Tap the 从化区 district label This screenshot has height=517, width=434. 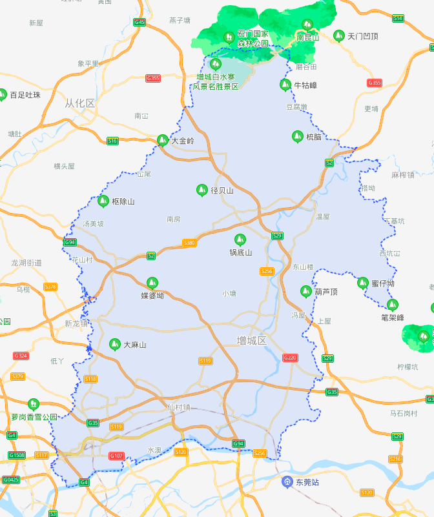(x=80, y=103)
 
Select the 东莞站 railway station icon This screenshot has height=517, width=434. (x=287, y=482)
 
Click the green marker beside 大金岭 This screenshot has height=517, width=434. (x=162, y=139)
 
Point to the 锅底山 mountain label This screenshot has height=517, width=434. (x=240, y=252)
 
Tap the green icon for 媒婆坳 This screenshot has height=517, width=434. (x=152, y=282)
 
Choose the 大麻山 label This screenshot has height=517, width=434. (x=134, y=345)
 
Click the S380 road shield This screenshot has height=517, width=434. (x=189, y=243)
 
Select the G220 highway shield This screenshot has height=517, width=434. (x=290, y=358)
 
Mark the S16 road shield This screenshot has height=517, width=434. (x=113, y=141)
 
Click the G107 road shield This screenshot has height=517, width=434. (x=116, y=456)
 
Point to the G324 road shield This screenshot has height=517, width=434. (x=21, y=356)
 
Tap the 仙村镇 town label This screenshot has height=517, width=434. (x=178, y=407)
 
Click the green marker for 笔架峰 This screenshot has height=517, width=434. (x=392, y=305)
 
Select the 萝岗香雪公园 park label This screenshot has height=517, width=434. (x=34, y=417)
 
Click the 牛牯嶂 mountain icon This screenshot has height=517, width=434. (x=285, y=85)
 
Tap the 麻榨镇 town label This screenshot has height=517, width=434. (x=403, y=174)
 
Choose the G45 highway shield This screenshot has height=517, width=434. (x=139, y=22)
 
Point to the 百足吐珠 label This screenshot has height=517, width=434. (x=25, y=95)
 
